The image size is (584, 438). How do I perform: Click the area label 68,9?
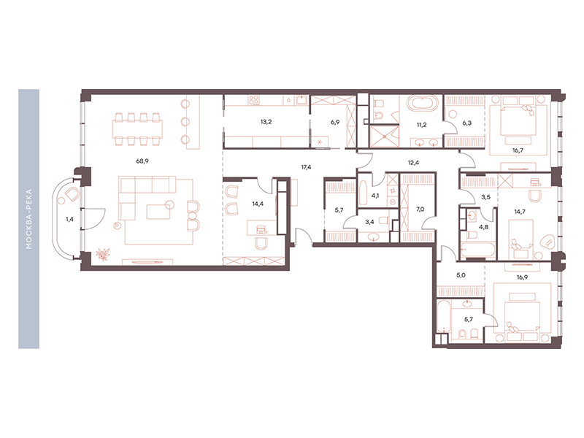[x=142, y=161]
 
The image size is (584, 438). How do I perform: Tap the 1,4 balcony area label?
[x=69, y=220]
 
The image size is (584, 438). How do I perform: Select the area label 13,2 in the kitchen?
[x=266, y=121]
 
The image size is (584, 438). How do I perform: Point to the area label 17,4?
[x=306, y=167]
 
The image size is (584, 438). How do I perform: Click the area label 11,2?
[x=422, y=125]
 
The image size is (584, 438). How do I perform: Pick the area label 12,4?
[x=413, y=162]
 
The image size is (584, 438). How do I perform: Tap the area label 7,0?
[x=420, y=210]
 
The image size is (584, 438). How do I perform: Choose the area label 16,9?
[x=522, y=277]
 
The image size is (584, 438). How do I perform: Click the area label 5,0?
[x=461, y=275]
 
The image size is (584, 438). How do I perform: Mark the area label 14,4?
[x=258, y=204]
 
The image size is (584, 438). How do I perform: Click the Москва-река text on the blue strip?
[x=29, y=219]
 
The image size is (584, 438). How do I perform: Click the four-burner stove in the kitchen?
[x=254, y=100]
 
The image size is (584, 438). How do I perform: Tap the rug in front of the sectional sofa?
[x=159, y=212]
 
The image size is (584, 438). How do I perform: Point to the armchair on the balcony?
[x=72, y=194]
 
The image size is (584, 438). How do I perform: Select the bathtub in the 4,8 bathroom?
[x=478, y=250]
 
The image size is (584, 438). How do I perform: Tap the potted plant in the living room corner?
[x=101, y=255]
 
